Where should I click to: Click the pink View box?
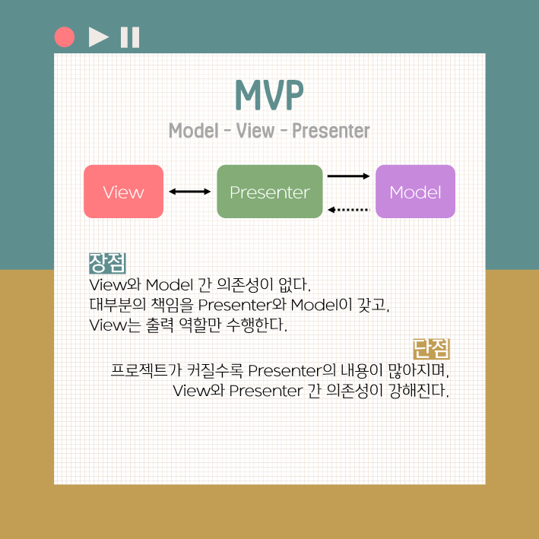click(123, 192)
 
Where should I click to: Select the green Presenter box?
click(269, 192)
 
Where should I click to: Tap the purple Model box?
click(415, 192)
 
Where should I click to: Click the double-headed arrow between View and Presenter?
click(190, 192)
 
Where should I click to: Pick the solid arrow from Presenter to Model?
click(348, 176)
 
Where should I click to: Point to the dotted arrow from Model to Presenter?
click(348, 209)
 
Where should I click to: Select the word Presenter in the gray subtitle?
click(331, 131)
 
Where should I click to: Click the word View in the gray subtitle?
click(255, 131)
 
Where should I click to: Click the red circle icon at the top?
click(65, 36)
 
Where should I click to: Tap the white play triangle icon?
click(98, 36)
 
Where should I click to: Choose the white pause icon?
click(130, 36)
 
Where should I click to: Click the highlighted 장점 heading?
click(107, 263)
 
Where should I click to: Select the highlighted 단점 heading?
click(432, 349)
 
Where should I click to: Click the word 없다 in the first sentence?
click(294, 286)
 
